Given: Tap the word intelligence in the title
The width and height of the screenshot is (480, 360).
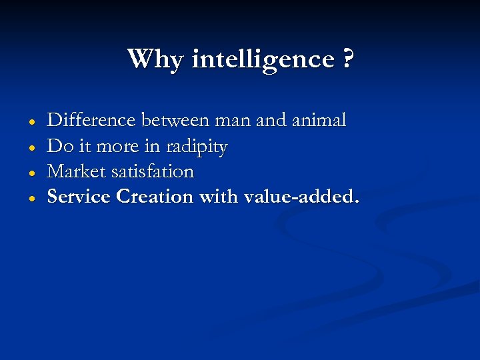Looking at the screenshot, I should pos(263,60).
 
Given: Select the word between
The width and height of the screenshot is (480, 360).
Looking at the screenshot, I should pos(175,121).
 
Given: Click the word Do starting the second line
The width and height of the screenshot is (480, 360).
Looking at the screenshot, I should pos(57,146).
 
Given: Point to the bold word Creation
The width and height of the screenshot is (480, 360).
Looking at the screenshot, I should pos(154,197).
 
